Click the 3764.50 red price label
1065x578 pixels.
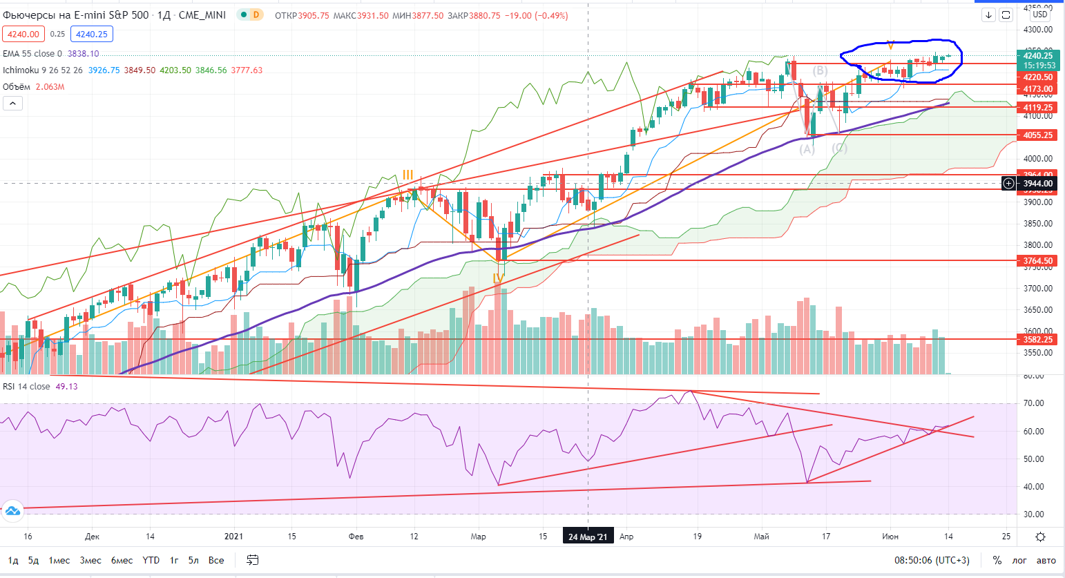coord(1038,261)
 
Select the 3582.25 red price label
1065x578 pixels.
coord(1038,340)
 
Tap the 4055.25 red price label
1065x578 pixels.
coord(1038,135)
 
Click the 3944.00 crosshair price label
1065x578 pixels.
coord(1038,184)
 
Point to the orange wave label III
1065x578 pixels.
coord(408,175)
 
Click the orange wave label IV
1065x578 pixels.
coord(498,278)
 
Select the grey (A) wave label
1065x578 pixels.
coord(807,149)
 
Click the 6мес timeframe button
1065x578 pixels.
coord(122,560)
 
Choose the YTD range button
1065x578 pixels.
coord(151,560)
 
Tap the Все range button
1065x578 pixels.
coord(216,560)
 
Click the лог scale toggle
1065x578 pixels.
coord(1019,560)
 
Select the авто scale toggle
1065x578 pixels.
coord(1046,560)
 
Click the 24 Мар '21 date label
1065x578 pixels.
coord(588,537)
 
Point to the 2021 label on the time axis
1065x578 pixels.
coord(234,537)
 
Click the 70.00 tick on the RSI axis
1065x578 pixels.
coord(1033,403)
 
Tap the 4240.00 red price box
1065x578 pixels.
coord(23,34)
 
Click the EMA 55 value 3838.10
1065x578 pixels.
coord(83,53)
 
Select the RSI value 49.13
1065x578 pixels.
coord(66,387)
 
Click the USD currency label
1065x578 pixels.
coord(1039,15)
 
